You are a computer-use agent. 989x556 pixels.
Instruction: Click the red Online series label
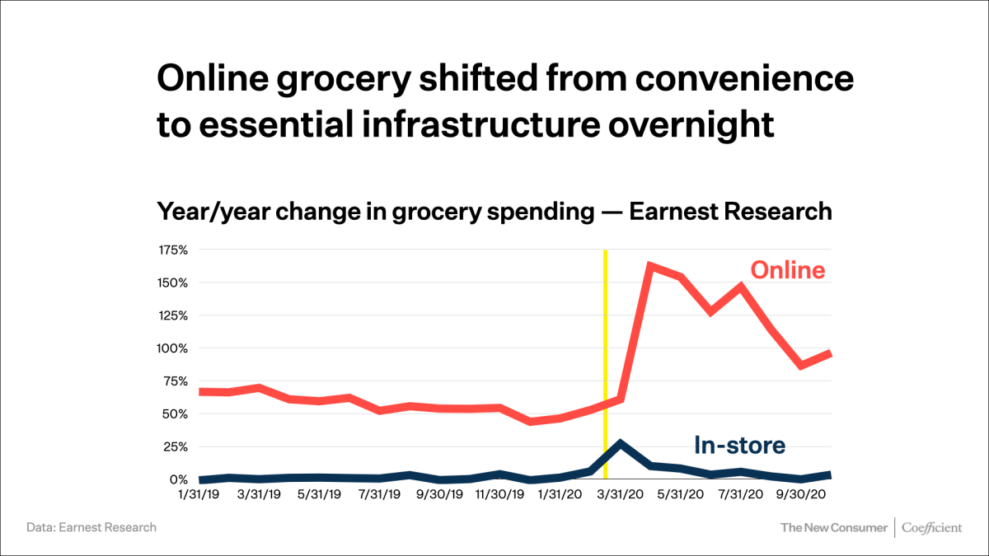click(787, 270)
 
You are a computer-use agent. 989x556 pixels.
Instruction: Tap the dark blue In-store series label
click(739, 446)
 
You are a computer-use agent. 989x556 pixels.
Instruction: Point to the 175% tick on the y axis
click(173, 250)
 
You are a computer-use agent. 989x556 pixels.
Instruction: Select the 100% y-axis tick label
click(173, 348)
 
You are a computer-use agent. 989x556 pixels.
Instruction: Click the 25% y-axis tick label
click(176, 446)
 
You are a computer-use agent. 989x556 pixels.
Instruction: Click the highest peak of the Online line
click(650, 266)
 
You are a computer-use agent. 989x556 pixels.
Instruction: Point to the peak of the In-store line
click(620, 443)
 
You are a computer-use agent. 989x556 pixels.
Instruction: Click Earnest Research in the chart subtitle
click(730, 212)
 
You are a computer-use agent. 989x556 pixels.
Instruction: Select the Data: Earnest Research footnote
click(91, 527)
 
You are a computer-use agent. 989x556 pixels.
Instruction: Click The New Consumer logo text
click(833, 527)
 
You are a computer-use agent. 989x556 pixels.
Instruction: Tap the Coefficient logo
click(931, 527)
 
